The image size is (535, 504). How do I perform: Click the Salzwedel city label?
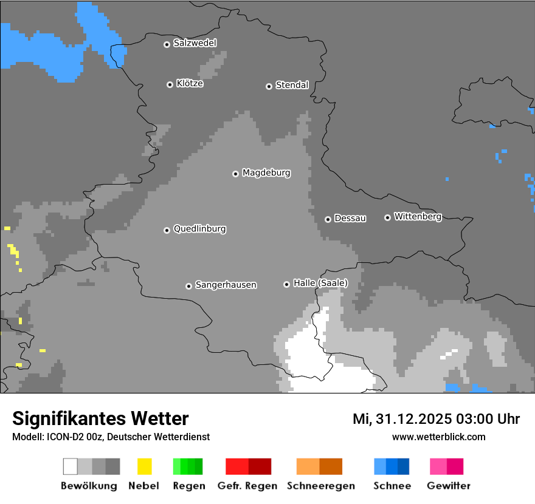[x=195, y=43]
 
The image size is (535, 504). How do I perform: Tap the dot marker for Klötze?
[x=170, y=84]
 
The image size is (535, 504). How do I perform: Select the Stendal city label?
[x=292, y=85]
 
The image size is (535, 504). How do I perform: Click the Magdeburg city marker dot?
[x=235, y=174]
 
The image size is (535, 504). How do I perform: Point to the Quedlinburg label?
[x=199, y=229]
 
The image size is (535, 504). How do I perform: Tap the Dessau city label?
[x=350, y=218]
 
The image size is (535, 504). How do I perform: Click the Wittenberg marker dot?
[x=387, y=217]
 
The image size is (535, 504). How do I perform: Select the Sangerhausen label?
[x=226, y=285]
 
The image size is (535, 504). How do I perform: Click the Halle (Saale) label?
[x=320, y=283]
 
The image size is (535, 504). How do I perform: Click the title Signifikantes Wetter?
[x=100, y=418]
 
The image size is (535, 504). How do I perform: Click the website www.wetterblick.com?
[x=438, y=437]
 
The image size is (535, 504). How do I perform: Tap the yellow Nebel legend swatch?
[x=144, y=466]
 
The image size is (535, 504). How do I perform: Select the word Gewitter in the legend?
[x=449, y=486]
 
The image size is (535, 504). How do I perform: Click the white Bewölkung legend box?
[x=71, y=466]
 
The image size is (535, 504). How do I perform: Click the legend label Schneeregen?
[x=321, y=486]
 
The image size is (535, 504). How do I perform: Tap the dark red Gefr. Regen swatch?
[x=260, y=466]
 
